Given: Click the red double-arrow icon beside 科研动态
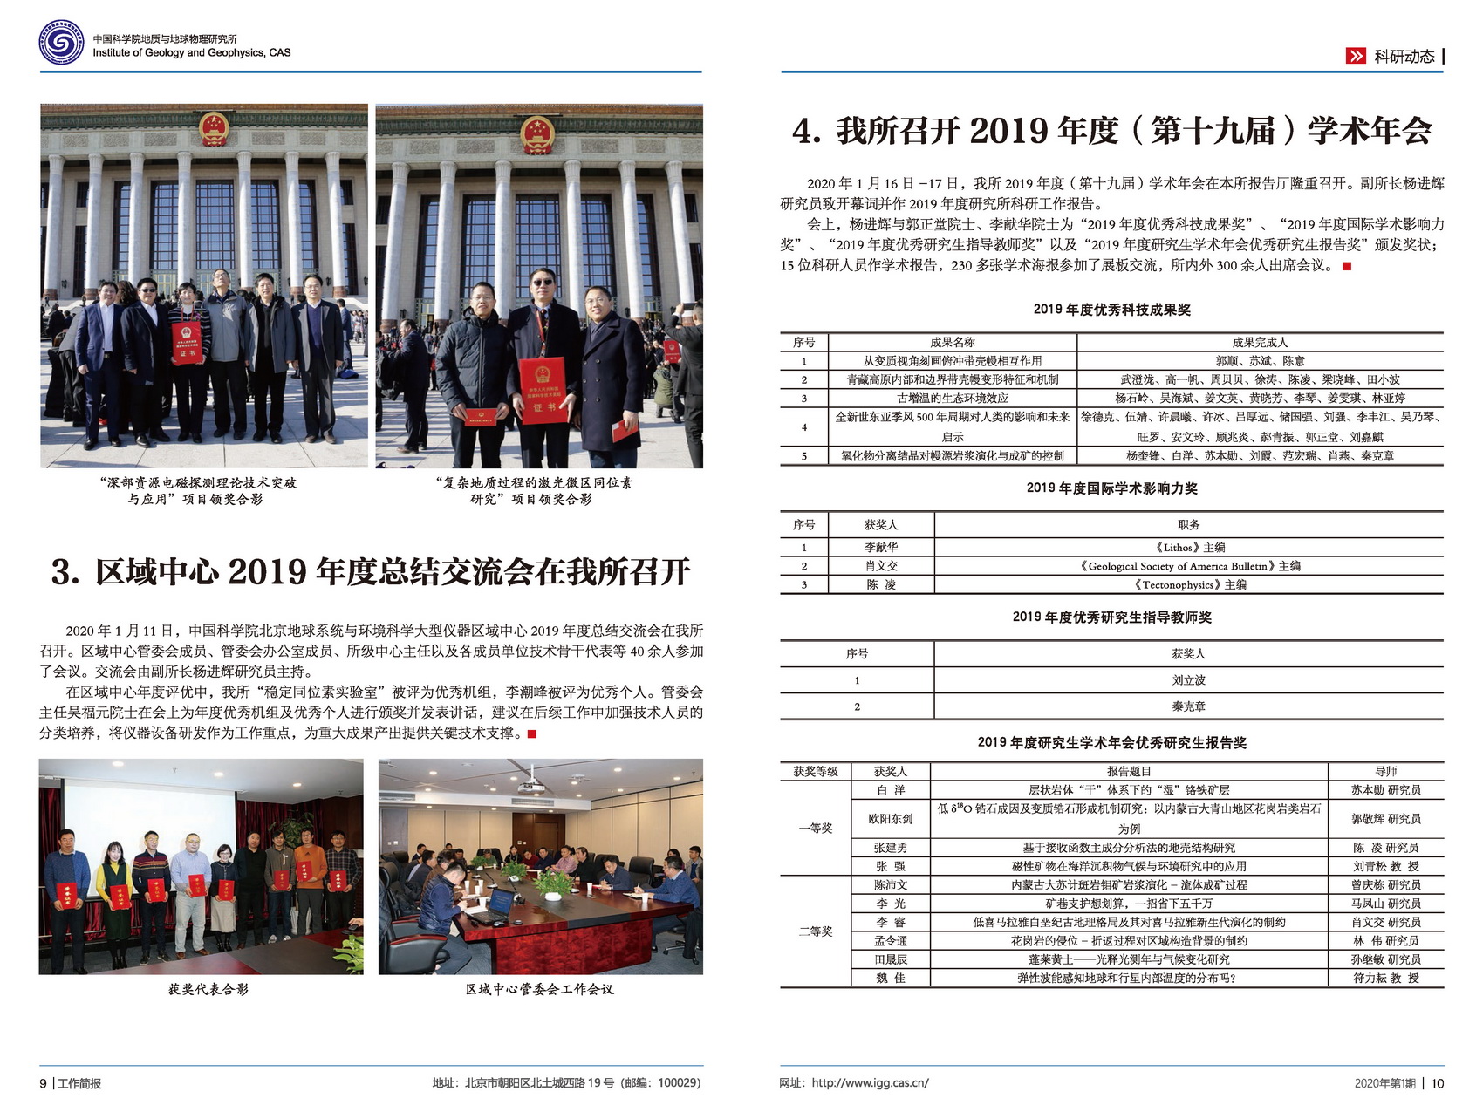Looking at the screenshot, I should point(1356,56).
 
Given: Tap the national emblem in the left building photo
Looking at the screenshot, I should point(213,129).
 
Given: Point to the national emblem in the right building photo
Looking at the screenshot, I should point(537,136).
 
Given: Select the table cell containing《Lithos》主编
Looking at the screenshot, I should point(1188,547).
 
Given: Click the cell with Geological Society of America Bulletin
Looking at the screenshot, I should point(1188,566).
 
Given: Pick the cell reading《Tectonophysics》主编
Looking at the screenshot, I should point(1188,584).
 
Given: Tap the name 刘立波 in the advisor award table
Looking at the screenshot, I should point(1188,680).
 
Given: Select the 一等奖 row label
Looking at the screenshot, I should point(815,828).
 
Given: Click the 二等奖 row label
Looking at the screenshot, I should point(815,931).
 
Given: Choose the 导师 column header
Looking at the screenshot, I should point(1385,771).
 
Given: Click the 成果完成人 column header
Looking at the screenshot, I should point(1260,342).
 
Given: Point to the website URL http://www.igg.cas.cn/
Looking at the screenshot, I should point(870,1083).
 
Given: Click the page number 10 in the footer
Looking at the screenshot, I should point(1438,1083).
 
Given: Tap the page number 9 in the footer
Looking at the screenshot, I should point(44,1083).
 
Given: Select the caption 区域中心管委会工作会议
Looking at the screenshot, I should point(539,989).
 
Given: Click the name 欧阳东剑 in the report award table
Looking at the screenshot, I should point(890,819).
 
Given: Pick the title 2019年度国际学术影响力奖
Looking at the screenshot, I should point(1111,488).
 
